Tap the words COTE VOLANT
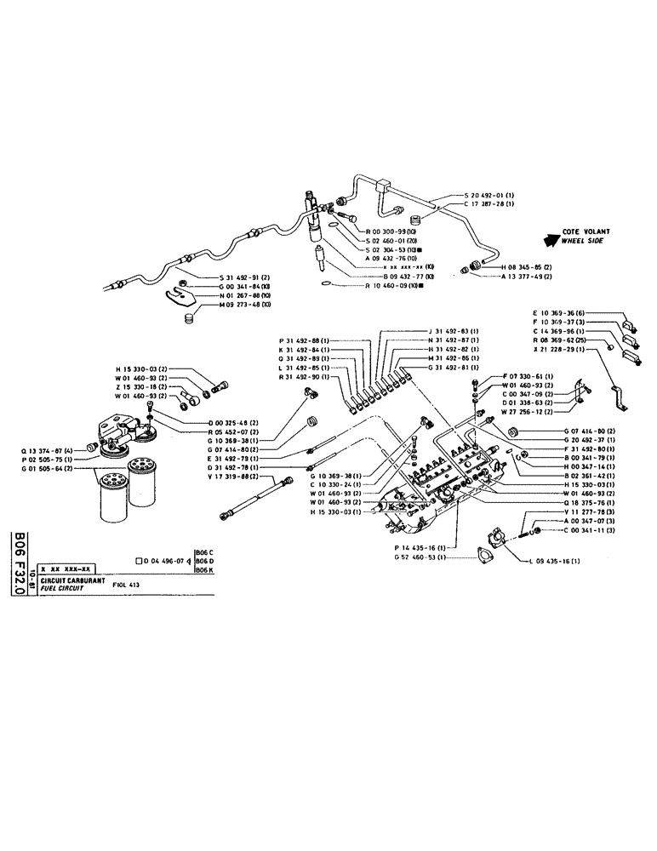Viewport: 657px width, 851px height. click(585, 231)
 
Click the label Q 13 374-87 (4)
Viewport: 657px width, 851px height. click(48, 448)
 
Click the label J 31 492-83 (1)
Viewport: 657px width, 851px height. click(453, 330)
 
